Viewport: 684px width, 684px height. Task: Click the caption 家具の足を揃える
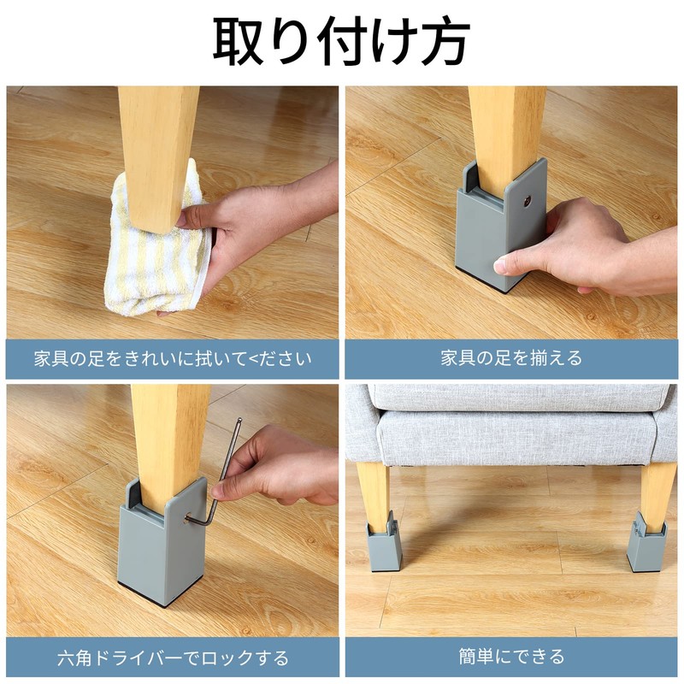tap(511, 358)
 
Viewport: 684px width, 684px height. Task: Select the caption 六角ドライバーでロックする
tap(173, 658)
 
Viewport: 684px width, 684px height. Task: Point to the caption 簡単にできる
tap(511, 657)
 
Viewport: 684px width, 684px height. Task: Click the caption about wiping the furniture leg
tap(173, 358)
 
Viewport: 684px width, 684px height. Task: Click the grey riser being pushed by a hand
tap(492, 231)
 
